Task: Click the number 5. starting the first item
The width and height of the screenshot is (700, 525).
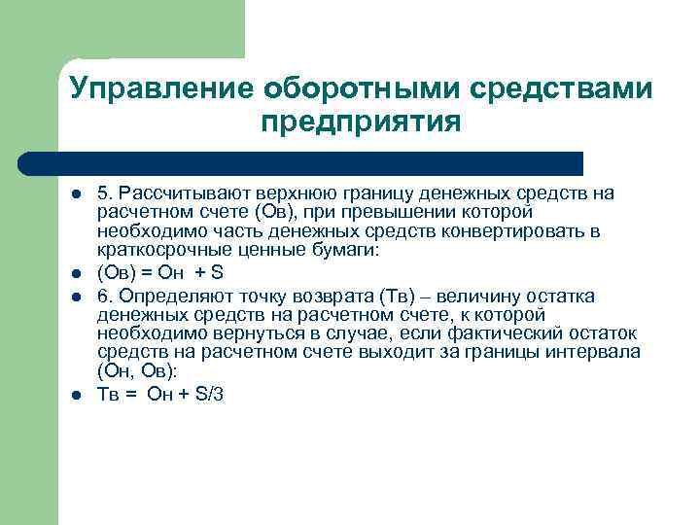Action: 105,193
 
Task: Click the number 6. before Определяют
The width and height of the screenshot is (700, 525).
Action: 105,296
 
